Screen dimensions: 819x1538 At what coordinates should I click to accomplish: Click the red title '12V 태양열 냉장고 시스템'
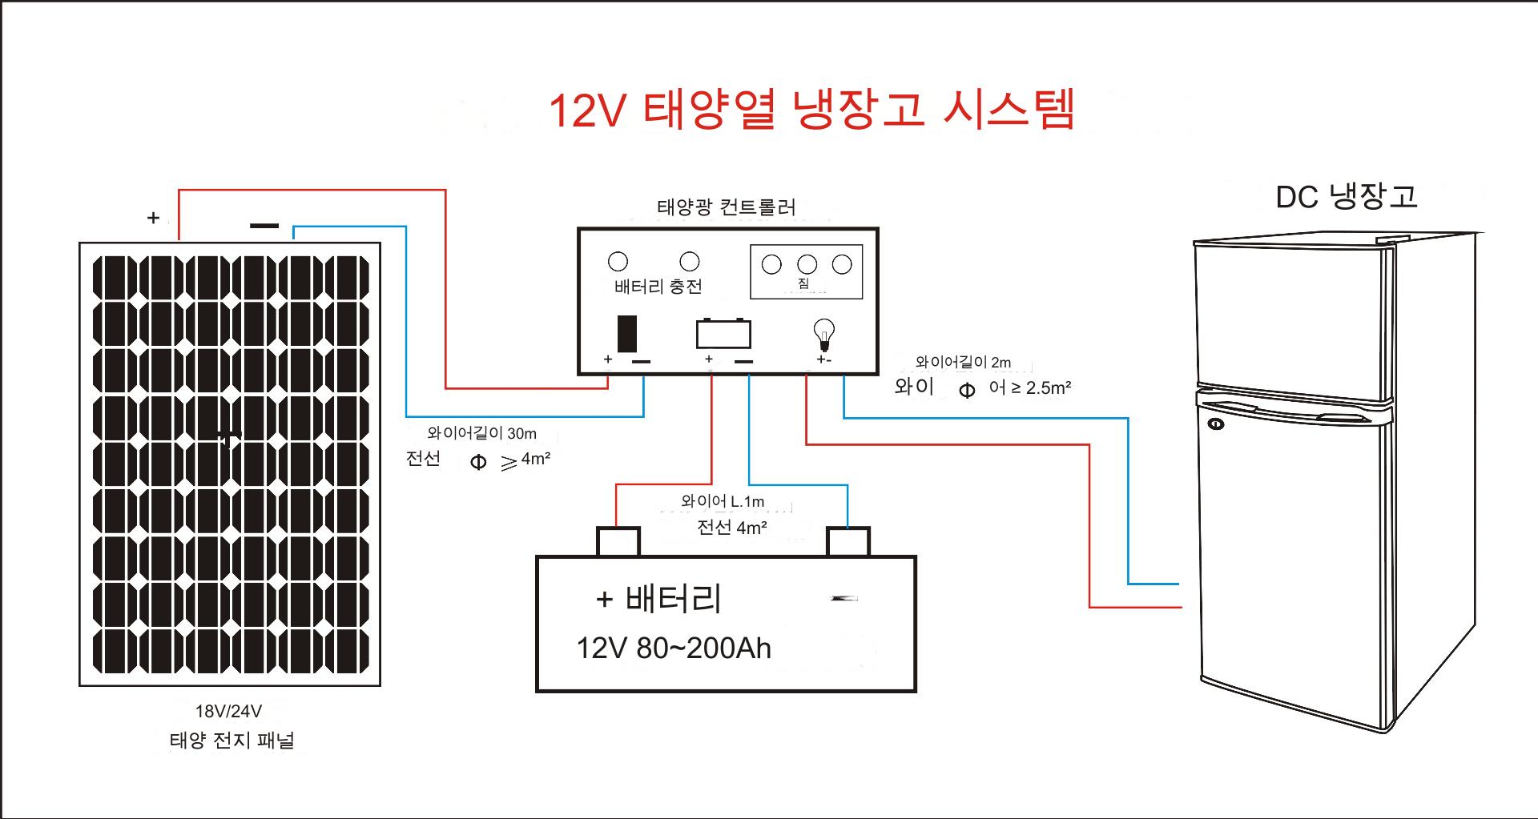[x=811, y=110]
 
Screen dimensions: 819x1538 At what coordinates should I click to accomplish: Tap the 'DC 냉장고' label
[x=1346, y=196]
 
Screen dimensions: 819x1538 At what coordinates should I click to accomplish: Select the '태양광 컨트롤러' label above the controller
[x=726, y=207]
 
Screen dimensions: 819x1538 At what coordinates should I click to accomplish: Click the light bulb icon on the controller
[x=823, y=334]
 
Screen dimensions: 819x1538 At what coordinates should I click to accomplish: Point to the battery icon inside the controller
[x=723, y=333]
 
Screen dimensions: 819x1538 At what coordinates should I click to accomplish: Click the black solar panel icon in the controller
[x=627, y=334]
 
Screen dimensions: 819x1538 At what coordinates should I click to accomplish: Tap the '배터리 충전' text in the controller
[x=658, y=286]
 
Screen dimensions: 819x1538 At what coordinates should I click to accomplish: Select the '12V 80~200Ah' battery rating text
[x=674, y=648]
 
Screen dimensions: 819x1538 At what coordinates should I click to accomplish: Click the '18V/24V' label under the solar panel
[x=228, y=711]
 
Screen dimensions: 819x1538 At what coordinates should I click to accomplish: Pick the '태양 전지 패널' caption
[x=232, y=740]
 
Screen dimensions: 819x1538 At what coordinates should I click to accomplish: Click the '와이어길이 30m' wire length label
[x=481, y=433]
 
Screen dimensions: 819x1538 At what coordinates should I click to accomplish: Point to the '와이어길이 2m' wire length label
[x=963, y=362]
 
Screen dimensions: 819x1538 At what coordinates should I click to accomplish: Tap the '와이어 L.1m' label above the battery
[x=723, y=501]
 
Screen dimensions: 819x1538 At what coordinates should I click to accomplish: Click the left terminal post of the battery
[x=618, y=541]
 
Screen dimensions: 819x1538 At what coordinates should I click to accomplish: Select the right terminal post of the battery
[x=848, y=541]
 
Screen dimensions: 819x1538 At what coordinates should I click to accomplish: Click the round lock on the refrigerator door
[x=1215, y=424]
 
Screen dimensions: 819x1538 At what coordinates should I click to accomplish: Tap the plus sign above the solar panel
[x=154, y=218]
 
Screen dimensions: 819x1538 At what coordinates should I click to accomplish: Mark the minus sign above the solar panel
[x=264, y=226]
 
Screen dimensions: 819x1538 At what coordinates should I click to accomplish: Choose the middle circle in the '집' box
[x=807, y=264]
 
